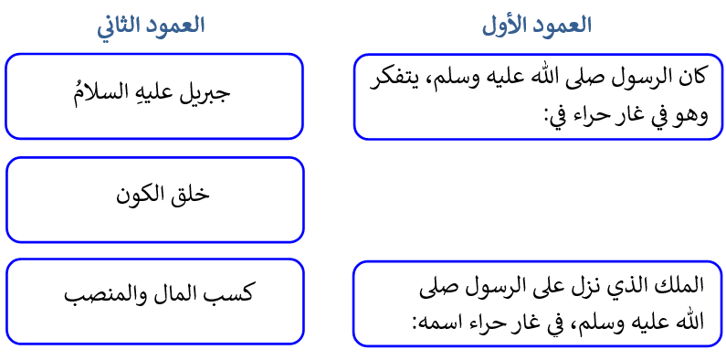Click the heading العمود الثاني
coord(152,26)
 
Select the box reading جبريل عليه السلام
coord(154,96)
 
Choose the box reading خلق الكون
coord(154,199)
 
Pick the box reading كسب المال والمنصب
coord(154,302)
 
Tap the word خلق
coord(190,195)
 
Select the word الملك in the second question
coord(687,287)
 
